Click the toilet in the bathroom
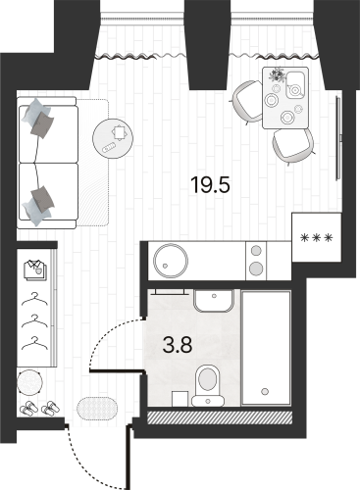208,378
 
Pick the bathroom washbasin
212,300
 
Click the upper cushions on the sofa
39,117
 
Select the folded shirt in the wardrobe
36,267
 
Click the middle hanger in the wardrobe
36,319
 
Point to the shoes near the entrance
39,407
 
